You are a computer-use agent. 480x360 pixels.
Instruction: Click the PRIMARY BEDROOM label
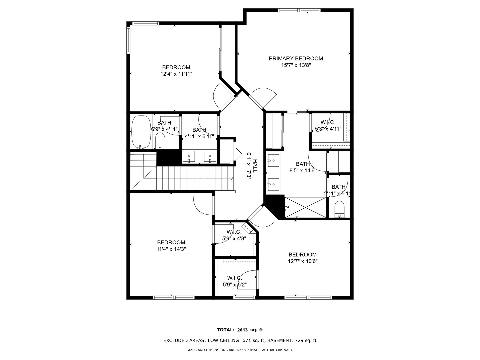[x=296, y=59]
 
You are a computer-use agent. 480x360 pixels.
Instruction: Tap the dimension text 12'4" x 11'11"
[x=176, y=74]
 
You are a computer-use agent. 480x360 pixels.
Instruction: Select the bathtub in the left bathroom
[x=141, y=132]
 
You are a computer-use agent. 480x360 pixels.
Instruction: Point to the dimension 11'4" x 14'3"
[x=171, y=249]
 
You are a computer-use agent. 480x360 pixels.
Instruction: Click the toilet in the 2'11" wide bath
[x=339, y=209]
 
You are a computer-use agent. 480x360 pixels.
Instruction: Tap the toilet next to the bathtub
[x=160, y=141]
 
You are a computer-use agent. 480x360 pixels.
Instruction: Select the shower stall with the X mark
[x=305, y=207]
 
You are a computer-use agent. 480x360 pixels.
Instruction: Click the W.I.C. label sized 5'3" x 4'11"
[x=328, y=122]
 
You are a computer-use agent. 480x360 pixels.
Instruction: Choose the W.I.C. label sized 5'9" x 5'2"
[x=235, y=278]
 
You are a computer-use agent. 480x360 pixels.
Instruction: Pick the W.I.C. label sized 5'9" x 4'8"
[x=234, y=232]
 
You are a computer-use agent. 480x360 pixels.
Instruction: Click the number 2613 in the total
[x=242, y=330]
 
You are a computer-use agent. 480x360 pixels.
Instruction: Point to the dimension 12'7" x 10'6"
[x=303, y=261]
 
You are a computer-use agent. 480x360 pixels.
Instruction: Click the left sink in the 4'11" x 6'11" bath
[x=189, y=156]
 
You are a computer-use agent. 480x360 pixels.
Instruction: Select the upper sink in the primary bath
[x=273, y=161]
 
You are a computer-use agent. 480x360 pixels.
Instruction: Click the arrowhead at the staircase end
[x=232, y=178]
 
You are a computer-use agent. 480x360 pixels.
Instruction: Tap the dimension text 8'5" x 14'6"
[x=303, y=170]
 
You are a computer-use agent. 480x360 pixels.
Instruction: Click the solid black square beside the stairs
[x=168, y=158]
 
